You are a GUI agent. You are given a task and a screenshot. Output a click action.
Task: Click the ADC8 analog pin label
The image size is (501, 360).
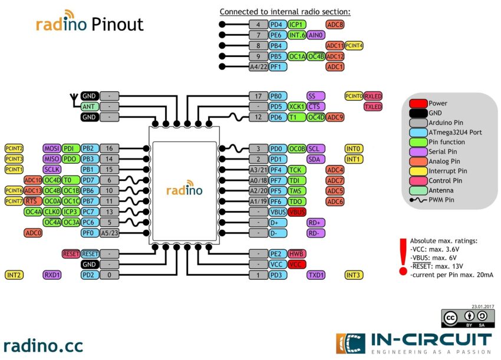pyautogui.click(x=335, y=25)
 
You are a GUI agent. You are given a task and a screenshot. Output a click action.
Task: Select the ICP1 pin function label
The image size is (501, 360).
pyautogui.click(x=297, y=25)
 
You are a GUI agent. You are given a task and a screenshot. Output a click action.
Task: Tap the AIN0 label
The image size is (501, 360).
pyautogui.click(x=316, y=35)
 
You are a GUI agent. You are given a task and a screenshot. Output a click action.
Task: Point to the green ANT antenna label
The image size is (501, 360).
pyautogui.click(x=89, y=107)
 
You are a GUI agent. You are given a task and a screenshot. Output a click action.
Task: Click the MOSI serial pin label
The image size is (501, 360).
pyautogui.click(x=52, y=148)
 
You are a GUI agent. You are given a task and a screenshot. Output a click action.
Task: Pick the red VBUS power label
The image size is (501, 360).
pyautogui.click(x=296, y=212)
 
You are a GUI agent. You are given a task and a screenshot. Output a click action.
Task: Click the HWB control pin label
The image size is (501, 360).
pyautogui.click(x=296, y=254)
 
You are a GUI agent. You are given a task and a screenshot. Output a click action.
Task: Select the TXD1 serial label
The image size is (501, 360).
pyautogui.click(x=316, y=275)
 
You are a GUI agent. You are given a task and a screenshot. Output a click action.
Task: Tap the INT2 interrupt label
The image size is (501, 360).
pyautogui.click(x=14, y=275)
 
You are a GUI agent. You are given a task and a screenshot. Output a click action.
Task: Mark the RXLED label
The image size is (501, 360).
pyautogui.click(x=373, y=95)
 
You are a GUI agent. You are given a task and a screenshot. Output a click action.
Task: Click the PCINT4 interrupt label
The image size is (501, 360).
pyautogui.click(x=354, y=45)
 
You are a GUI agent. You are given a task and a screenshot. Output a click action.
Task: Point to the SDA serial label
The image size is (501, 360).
pyautogui.click(x=316, y=159)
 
